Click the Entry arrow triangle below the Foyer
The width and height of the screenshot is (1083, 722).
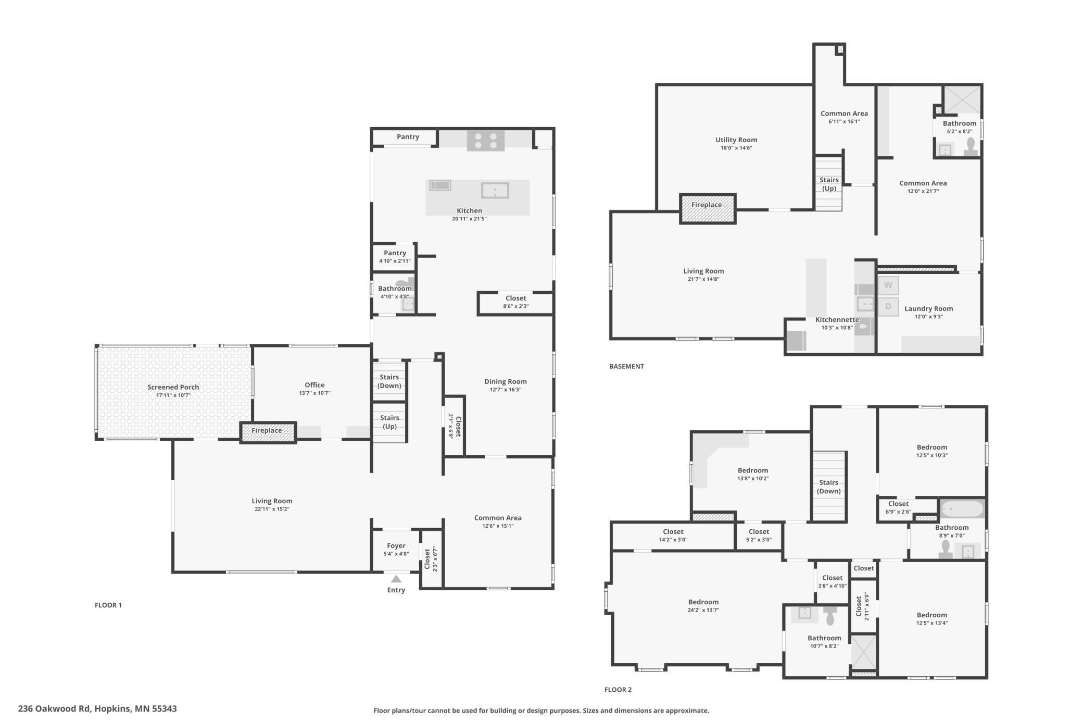396,579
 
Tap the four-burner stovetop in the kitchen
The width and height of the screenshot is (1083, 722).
485,141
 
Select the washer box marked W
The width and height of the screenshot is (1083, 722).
888,285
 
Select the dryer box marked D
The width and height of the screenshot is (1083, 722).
888,306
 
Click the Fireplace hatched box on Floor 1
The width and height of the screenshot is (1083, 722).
268,432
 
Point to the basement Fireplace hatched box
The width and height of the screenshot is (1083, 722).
707,208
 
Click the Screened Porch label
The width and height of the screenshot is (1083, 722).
173,387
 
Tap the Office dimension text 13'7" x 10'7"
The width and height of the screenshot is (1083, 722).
314,393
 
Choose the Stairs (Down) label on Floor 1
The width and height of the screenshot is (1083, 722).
389,381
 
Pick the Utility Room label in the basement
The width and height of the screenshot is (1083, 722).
736,140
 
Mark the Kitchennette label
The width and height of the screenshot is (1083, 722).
837,320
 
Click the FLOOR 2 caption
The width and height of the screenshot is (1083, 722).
618,690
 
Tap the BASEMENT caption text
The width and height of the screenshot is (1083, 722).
626,366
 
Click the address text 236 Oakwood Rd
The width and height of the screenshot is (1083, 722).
54,708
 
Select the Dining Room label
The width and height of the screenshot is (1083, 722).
505,381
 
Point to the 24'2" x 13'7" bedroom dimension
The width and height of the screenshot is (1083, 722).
703,610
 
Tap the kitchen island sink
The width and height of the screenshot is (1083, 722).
495,190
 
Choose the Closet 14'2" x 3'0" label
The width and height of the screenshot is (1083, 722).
673,532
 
